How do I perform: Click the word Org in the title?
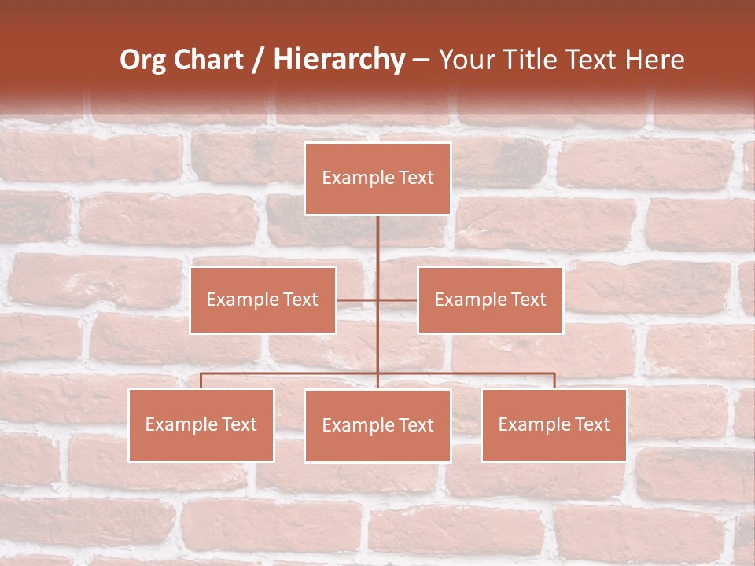143,60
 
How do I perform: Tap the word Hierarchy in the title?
339,60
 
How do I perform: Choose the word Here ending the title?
654,60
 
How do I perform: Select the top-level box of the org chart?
377,178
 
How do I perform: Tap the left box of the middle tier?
263,300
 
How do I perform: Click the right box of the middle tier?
490,300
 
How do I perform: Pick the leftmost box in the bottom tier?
201,425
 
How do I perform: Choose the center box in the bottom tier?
377,426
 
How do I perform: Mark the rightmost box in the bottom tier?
554,425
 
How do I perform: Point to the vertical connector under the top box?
377,252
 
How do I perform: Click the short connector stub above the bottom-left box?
201,380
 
